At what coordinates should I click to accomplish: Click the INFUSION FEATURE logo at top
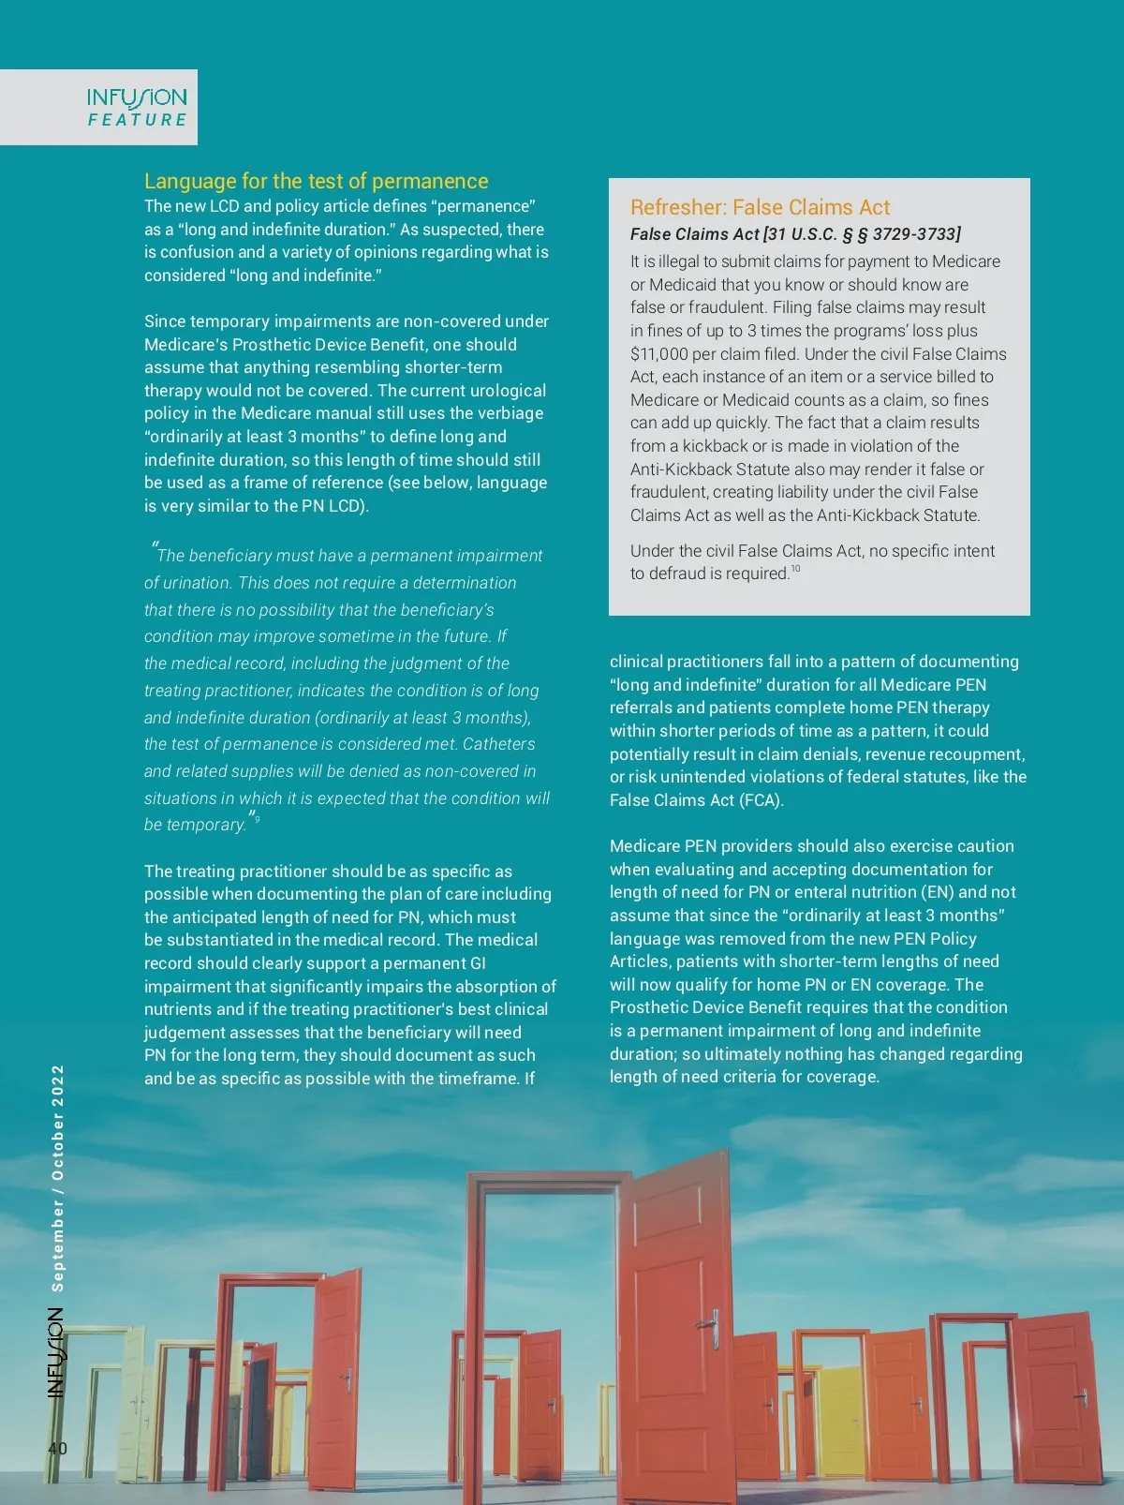(137, 107)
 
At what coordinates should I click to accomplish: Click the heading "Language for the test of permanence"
(316, 181)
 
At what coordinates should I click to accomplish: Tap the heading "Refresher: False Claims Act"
(760, 207)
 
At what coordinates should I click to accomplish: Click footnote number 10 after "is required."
(796, 569)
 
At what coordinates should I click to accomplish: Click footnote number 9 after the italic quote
(258, 819)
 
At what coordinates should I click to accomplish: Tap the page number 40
(57, 1448)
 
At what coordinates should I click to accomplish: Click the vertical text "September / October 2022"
(58, 1178)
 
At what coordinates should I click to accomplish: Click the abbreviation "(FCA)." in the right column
(761, 800)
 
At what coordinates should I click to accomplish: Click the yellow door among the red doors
(840, 1406)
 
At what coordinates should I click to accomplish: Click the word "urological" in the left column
(503, 391)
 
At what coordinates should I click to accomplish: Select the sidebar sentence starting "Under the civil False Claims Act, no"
(812, 561)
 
